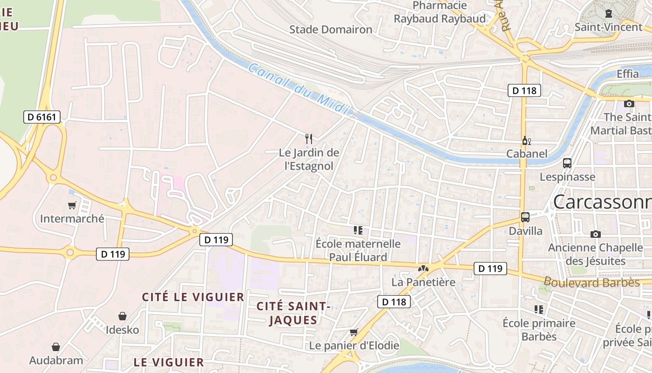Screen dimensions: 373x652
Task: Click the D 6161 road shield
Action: point(42,117)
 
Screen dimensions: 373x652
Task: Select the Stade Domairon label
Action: point(331,30)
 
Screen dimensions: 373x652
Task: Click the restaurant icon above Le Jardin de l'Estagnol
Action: point(308,138)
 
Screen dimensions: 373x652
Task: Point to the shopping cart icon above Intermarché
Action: point(72,205)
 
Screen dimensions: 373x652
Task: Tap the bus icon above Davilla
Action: point(525,217)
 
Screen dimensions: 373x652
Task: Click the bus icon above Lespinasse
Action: point(567,163)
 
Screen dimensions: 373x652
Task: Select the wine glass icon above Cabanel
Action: point(526,140)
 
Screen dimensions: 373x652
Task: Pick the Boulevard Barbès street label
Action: point(591,283)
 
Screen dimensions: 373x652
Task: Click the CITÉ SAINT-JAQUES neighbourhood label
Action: point(293,313)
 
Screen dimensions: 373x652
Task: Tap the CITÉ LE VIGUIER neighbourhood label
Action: point(193,297)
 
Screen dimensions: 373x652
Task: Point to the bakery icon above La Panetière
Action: point(423,269)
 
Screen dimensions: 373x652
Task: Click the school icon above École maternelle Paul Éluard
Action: point(358,229)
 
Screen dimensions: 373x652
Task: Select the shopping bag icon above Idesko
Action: point(122,316)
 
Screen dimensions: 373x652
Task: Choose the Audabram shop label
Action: point(56,360)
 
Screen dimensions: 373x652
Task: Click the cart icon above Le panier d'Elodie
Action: point(354,332)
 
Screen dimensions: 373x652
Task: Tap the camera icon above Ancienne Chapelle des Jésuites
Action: point(595,234)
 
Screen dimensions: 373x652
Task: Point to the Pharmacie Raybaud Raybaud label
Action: point(440,13)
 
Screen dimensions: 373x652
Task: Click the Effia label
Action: point(628,74)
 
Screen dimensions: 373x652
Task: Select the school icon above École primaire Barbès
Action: point(539,309)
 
